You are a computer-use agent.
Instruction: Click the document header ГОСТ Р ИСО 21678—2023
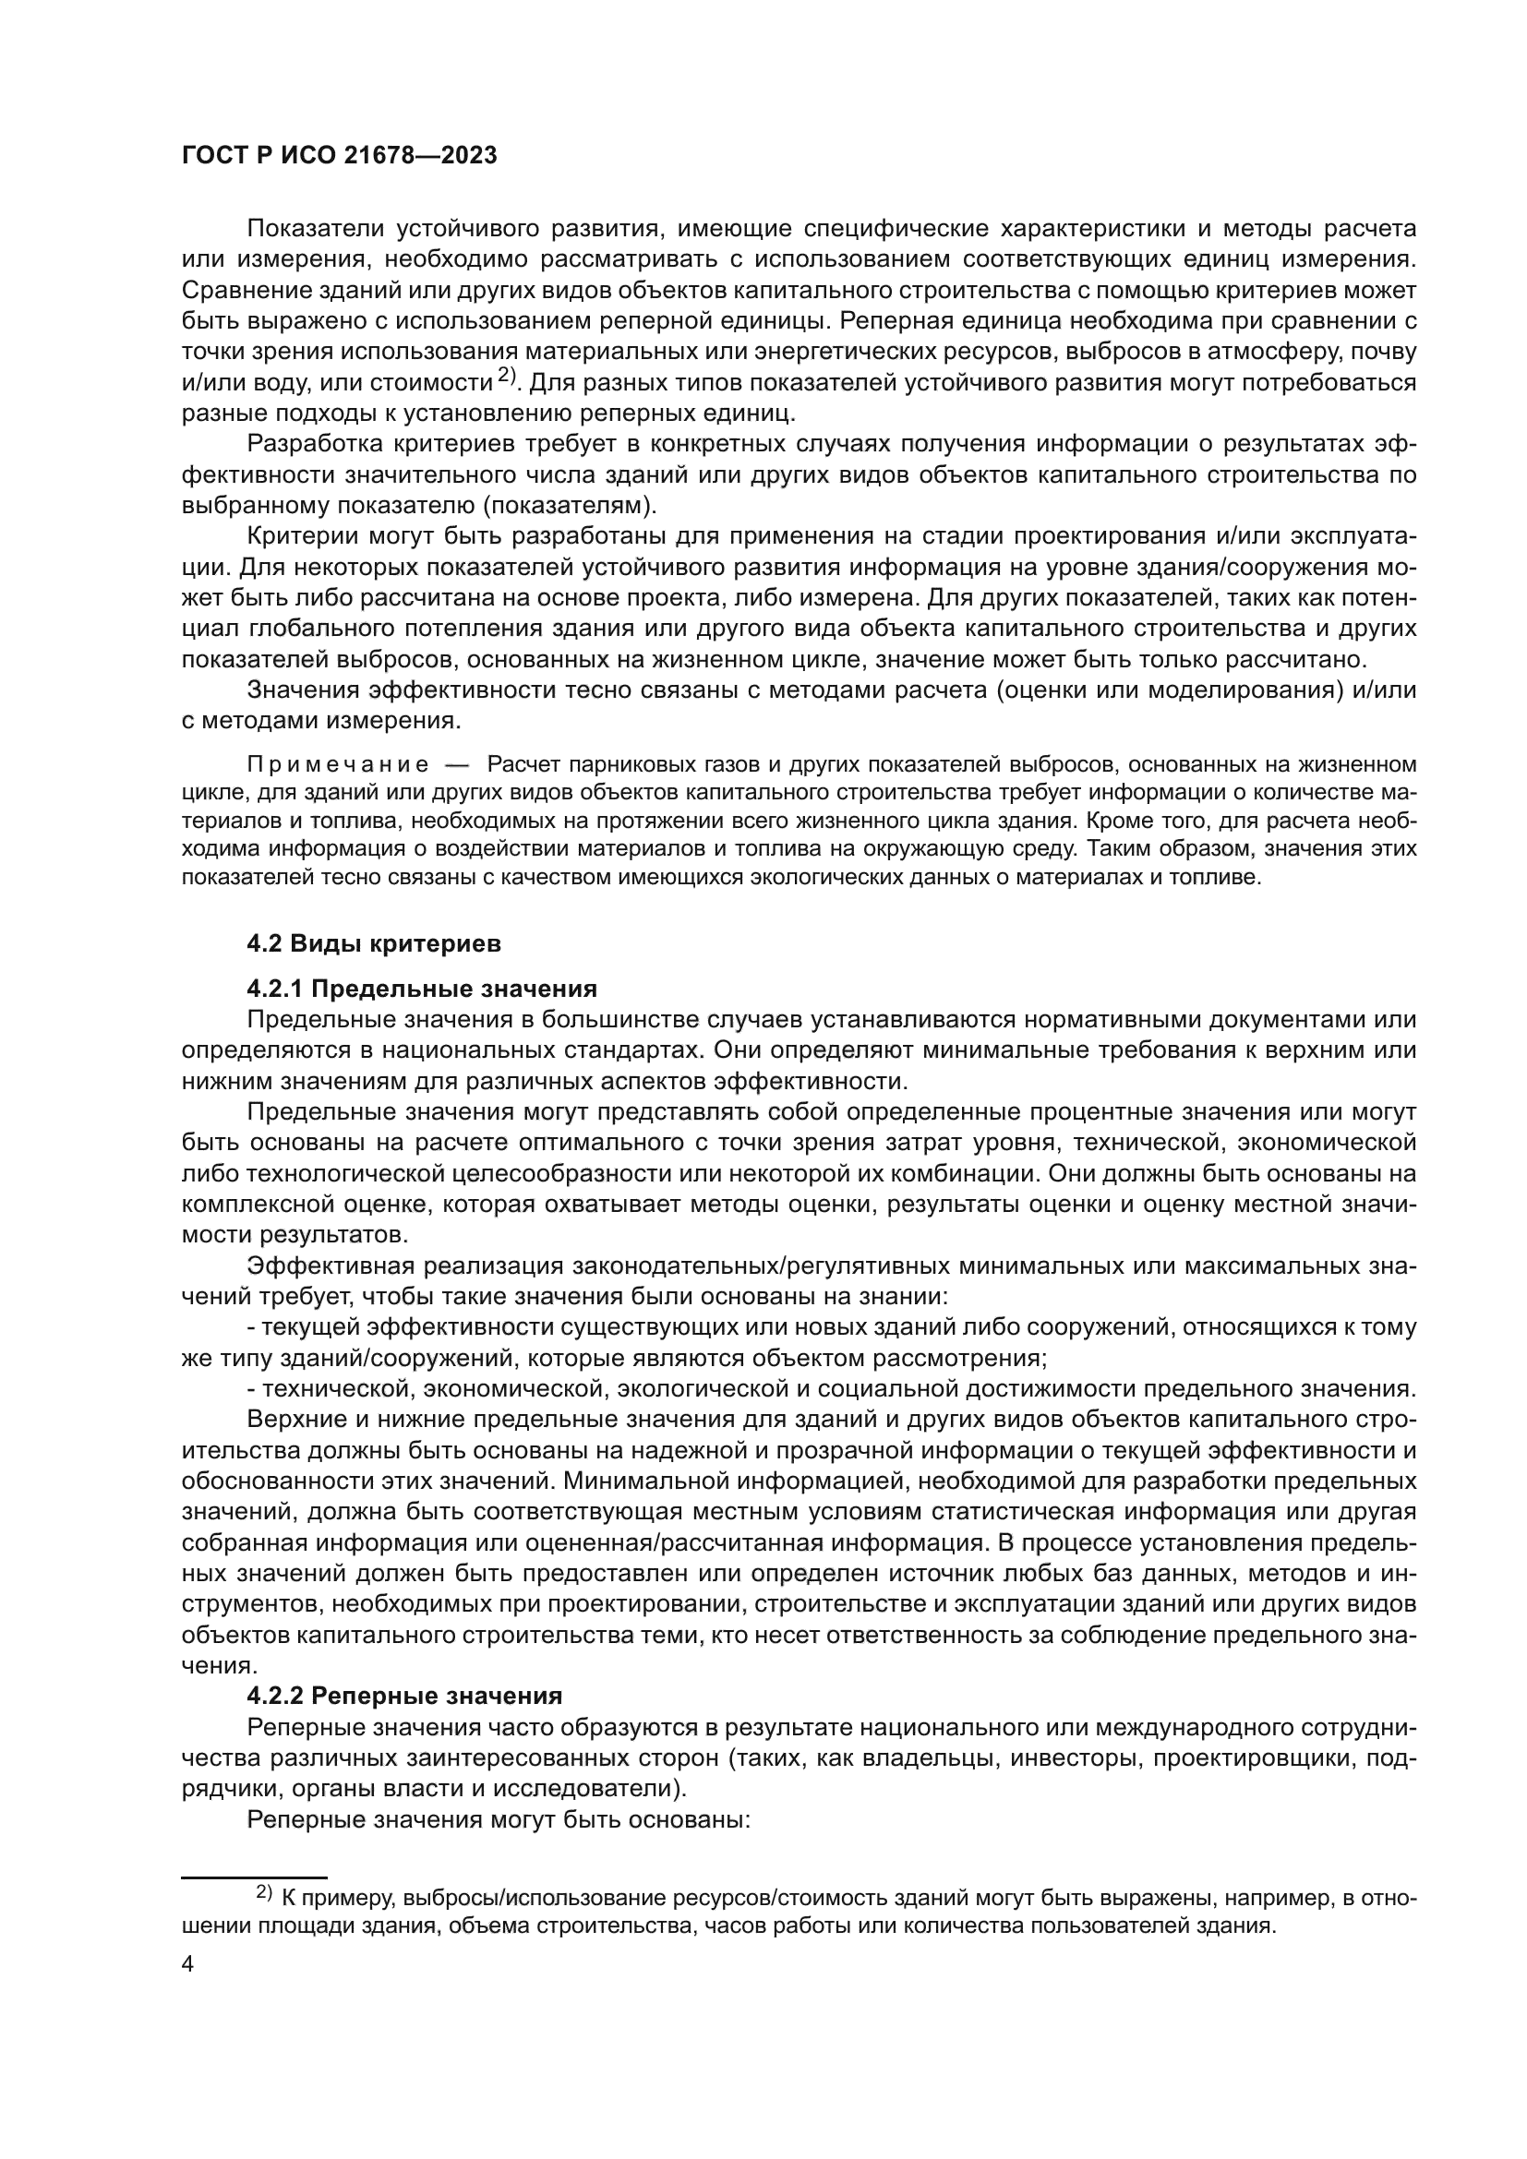tap(340, 156)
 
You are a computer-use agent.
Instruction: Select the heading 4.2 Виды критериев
tap(374, 944)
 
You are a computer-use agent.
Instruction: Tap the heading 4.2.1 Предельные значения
tap(422, 989)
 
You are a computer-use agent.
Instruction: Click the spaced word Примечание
tap(338, 764)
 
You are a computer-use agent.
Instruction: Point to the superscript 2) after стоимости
tap(507, 375)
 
